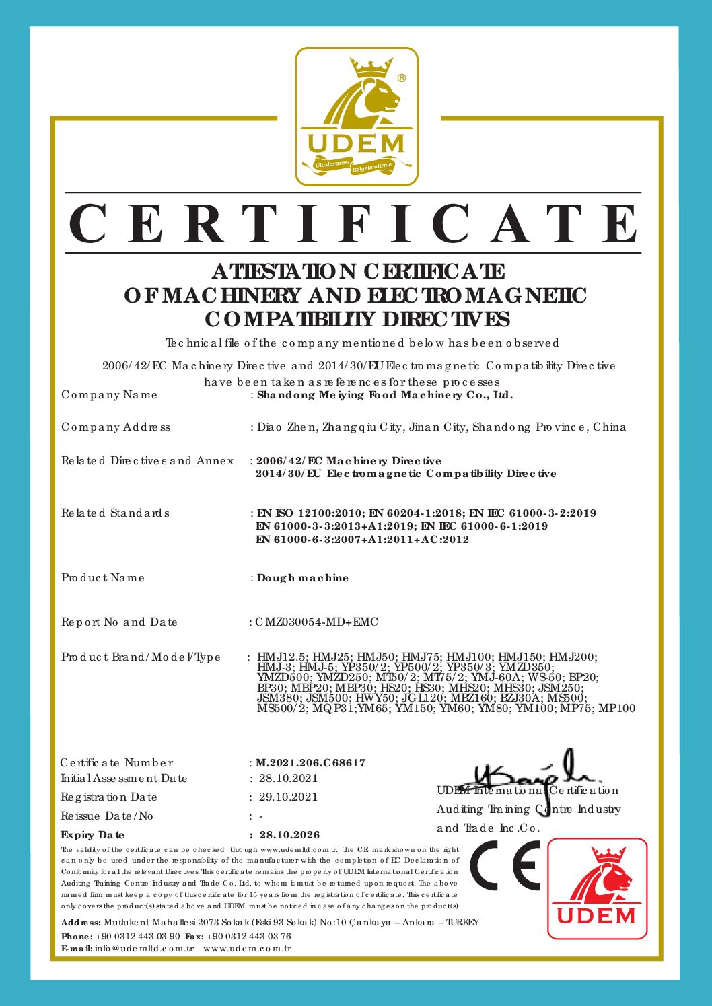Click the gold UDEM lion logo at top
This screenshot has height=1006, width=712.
357,116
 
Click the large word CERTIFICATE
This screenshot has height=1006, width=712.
355,224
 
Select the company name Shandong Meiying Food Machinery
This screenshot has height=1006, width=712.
385,395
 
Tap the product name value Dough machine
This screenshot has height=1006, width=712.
303,578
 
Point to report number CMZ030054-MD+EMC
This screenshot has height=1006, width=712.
317,622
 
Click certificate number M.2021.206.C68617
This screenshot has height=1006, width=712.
311,763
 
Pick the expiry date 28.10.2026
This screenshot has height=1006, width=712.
289,835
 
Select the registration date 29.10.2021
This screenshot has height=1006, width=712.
288,797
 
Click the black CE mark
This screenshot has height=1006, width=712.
505,866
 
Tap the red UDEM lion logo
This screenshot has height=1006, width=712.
597,888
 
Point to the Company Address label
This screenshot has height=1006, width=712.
116,427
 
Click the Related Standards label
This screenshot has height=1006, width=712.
115,513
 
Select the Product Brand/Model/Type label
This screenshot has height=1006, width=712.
141,657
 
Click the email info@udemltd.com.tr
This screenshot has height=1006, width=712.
144,949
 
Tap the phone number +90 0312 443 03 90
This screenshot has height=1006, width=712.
138,936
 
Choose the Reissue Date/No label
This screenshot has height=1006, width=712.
107,816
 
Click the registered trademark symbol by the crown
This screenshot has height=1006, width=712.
402,78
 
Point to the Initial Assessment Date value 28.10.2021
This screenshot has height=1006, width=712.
288,779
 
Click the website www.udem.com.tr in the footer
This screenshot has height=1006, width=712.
247,949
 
